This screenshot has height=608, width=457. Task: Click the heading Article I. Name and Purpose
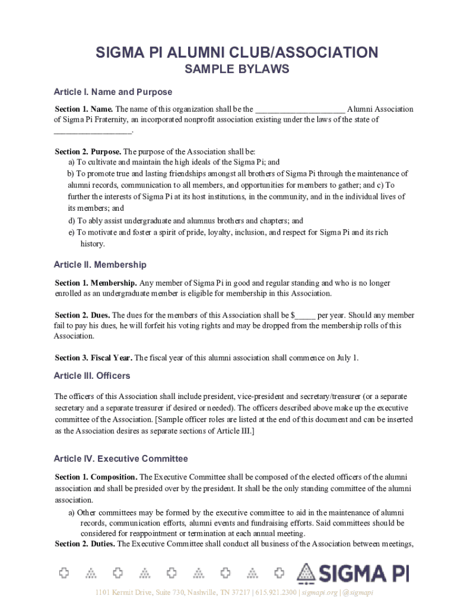pos(113,92)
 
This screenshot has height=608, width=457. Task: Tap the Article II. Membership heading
pos(100,264)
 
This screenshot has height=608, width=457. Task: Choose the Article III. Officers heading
pos(91,376)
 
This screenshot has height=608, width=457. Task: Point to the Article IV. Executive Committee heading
pos(120,458)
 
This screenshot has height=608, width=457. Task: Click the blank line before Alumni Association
pos(300,110)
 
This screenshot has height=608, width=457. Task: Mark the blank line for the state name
pos(93,131)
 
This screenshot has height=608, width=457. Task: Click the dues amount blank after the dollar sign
pos(305,316)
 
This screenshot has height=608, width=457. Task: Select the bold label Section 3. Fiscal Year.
pos(94,358)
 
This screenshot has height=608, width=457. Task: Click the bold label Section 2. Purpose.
pos(88,151)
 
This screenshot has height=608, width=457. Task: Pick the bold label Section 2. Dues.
pos(82,315)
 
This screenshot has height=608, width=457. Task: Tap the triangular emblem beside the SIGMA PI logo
pos(306,573)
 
